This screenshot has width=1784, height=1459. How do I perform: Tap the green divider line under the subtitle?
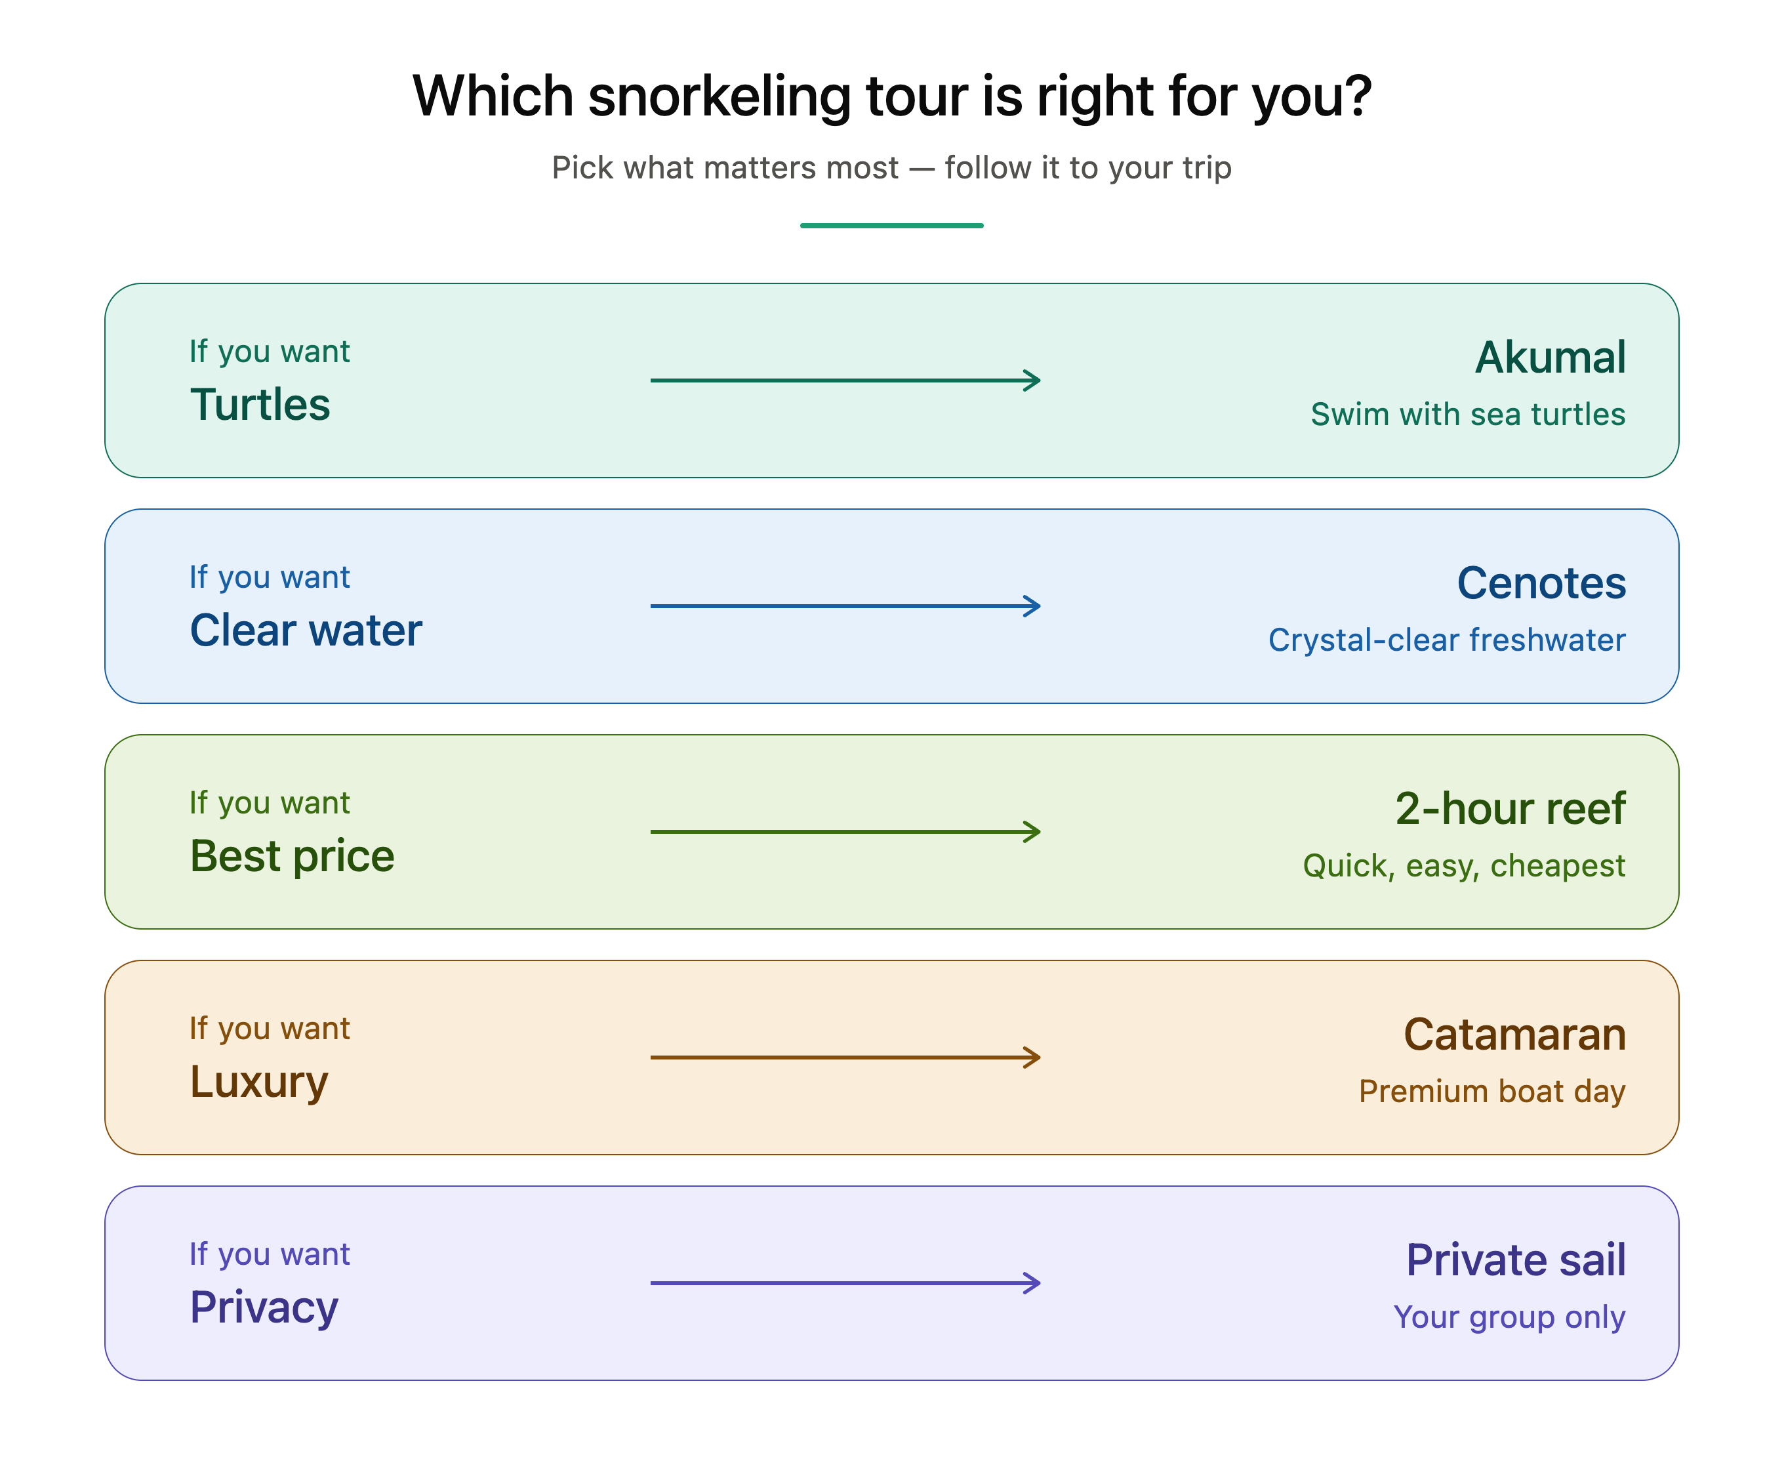click(891, 225)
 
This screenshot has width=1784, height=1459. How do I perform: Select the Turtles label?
click(260, 404)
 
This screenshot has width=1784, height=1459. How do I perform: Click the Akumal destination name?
click(1551, 357)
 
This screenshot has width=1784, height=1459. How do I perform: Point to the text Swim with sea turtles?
click(1468, 415)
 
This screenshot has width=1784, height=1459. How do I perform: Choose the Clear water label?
click(306, 630)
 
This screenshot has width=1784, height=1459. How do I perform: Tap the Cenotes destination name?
click(1541, 583)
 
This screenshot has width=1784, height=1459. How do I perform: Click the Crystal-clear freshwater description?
click(1447, 640)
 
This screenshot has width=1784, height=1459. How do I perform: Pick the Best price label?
click(293, 856)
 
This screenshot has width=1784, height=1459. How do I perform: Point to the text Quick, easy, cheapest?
click(1464, 867)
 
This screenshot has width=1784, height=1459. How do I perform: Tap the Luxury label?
click(259, 1082)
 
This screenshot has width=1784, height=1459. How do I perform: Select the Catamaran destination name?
click(1515, 1035)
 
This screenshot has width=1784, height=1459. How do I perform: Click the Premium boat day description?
click(1492, 1092)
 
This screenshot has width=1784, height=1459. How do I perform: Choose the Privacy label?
click(264, 1307)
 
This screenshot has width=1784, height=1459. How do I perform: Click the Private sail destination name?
click(1516, 1260)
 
